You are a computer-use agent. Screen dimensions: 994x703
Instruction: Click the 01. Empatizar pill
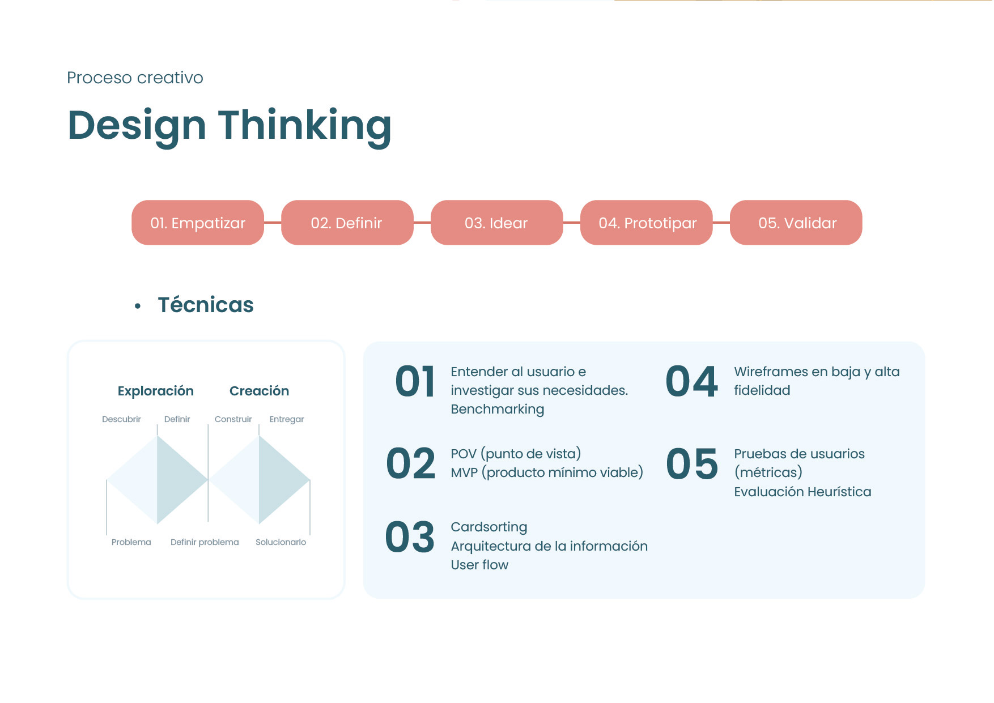pos(198,223)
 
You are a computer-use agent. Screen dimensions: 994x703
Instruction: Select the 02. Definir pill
pos(347,223)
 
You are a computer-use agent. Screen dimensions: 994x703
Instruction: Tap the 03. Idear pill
pos(496,223)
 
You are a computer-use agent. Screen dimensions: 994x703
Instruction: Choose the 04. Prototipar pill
pos(647,223)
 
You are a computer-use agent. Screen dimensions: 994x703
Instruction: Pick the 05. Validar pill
pos(796,223)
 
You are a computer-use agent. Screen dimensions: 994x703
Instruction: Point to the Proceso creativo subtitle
pos(135,78)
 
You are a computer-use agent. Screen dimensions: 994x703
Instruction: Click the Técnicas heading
pos(206,305)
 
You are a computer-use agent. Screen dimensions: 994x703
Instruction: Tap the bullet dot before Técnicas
pos(138,306)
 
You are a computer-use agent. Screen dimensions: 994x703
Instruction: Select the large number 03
pos(410,538)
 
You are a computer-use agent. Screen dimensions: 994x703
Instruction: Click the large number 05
pos(692,464)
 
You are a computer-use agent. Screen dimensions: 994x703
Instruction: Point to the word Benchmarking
pos(497,410)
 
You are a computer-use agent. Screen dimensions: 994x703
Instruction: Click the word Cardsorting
pos(488,527)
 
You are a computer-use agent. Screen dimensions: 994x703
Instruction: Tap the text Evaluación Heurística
pos(802,492)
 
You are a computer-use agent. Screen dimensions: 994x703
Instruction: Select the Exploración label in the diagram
pos(156,391)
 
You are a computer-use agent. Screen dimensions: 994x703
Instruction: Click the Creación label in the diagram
pos(259,391)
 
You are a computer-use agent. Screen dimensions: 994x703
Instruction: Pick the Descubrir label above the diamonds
pos(121,419)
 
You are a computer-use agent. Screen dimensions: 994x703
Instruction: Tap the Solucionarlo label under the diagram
pos(281,542)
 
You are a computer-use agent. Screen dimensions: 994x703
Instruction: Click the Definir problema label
pos(205,542)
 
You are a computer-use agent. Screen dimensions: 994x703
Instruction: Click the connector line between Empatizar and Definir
pos(273,223)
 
